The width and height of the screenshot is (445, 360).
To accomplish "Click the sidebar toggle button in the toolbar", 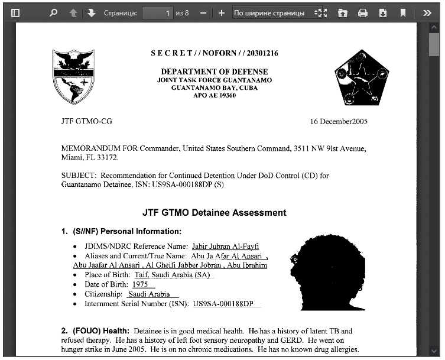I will (x=16, y=12).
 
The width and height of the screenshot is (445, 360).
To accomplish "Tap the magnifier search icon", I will (x=53, y=12).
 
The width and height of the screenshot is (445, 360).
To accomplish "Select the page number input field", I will (x=157, y=12).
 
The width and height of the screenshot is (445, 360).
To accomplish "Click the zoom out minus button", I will (x=203, y=12).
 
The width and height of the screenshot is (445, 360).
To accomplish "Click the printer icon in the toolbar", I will (x=363, y=12).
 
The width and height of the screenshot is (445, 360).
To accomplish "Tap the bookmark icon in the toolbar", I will (x=402, y=12).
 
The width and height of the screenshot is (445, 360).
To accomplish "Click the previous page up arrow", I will (x=73, y=12).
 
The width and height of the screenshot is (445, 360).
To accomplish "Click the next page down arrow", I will (x=91, y=12).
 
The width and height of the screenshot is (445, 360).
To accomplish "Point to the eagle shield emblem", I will (x=74, y=76).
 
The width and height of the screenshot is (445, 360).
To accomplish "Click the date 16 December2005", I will (x=339, y=122).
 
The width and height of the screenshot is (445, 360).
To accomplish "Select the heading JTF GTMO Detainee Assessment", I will (x=214, y=213).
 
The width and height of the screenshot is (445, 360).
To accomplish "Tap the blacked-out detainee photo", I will (x=327, y=272).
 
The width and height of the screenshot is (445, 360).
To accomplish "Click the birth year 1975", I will (x=140, y=284).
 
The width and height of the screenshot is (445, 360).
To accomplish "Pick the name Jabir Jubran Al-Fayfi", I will (x=225, y=247).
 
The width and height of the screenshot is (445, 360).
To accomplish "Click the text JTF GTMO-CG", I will (x=86, y=122).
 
